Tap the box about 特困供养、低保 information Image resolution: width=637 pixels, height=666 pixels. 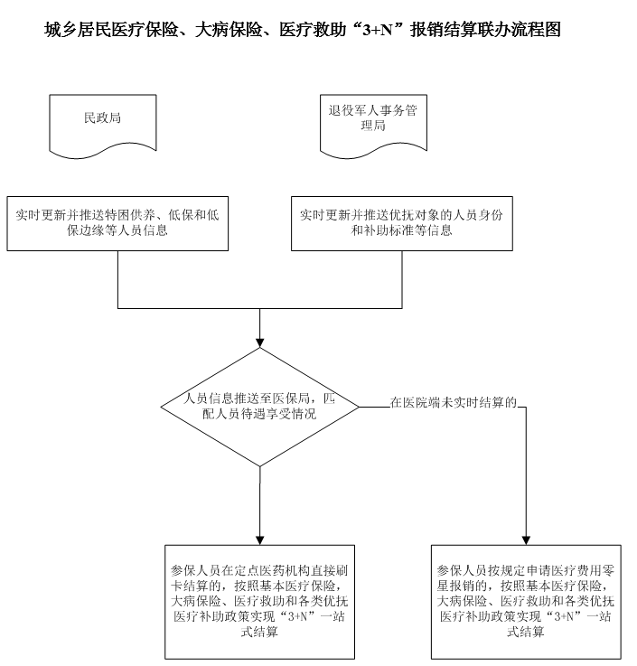coord(117,223)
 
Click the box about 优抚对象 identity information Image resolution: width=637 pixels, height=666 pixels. coord(402,223)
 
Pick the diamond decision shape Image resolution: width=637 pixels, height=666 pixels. coord(260,407)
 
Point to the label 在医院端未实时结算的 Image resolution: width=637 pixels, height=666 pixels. coord(453,402)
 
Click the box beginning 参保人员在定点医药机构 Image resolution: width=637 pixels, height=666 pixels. coord(260,602)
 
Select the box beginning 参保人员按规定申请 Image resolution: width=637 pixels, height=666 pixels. coord(526,602)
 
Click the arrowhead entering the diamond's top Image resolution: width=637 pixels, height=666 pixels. coord(260,343)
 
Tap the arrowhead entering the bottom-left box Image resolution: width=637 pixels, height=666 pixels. coord(260,540)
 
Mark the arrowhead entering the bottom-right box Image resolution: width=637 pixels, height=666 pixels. coord(526,540)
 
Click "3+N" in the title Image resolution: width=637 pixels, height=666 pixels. coord(377,31)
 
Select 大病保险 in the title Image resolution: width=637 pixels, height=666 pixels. coord(229,30)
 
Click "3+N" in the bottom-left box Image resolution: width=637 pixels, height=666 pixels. coord(297,616)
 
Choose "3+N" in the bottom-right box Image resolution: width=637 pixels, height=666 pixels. coord(564,616)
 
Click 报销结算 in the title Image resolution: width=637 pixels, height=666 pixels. coord(444,30)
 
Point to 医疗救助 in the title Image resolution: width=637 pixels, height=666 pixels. coord(313,30)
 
